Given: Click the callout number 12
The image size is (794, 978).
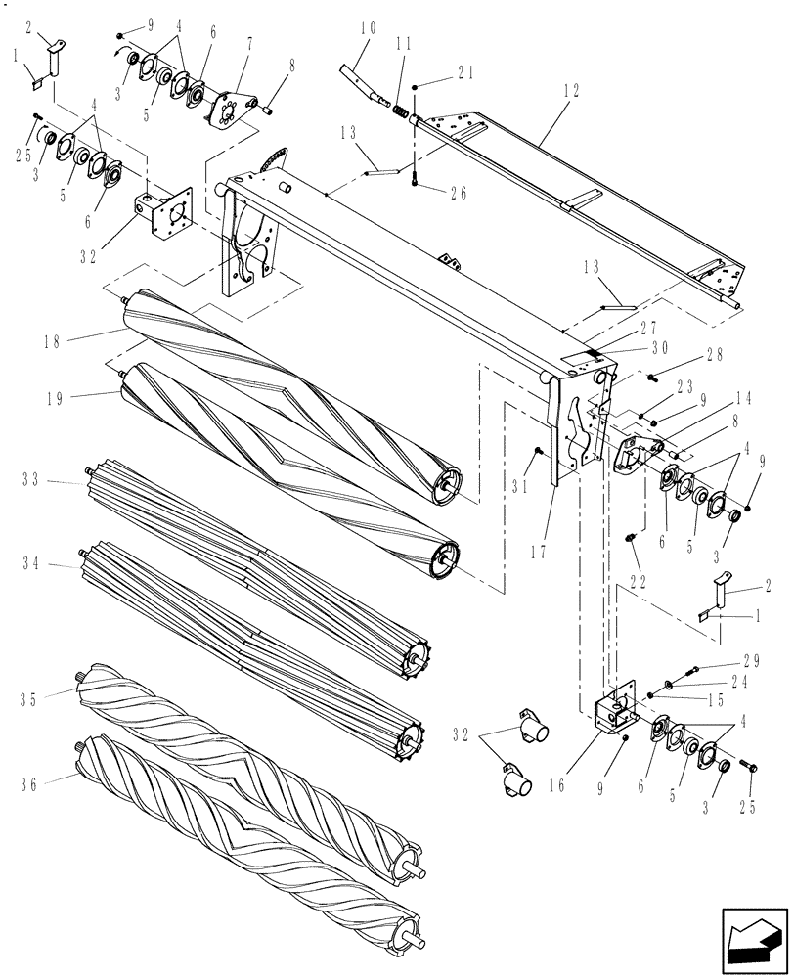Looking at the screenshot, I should click(571, 91).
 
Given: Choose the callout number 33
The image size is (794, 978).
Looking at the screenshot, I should click(33, 479).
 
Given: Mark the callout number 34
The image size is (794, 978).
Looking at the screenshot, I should click(33, 562).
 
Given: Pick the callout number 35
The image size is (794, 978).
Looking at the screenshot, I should click(33, 697).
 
